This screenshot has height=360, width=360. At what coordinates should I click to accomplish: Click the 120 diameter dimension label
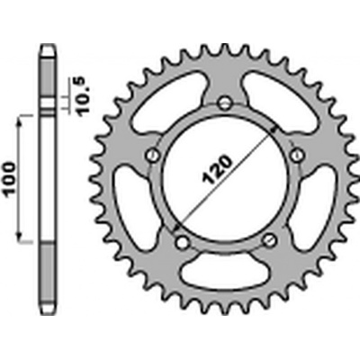[218, 169]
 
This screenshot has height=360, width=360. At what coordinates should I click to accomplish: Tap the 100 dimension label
[9, 179]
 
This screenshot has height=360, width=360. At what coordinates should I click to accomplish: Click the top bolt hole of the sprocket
[225, 103]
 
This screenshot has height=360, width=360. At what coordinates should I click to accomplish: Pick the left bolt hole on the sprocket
[152, 156]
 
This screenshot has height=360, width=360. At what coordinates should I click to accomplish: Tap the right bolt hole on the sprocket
[297, 155]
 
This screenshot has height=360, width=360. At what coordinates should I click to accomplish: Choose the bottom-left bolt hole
[182, 242]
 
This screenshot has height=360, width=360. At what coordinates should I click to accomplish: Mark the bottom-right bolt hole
[269, 240]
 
